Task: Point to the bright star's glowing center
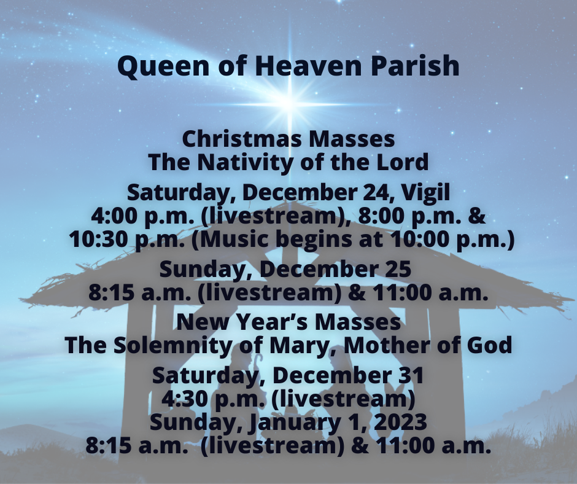tap(288, 102)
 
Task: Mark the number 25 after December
tap(395, 270)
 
